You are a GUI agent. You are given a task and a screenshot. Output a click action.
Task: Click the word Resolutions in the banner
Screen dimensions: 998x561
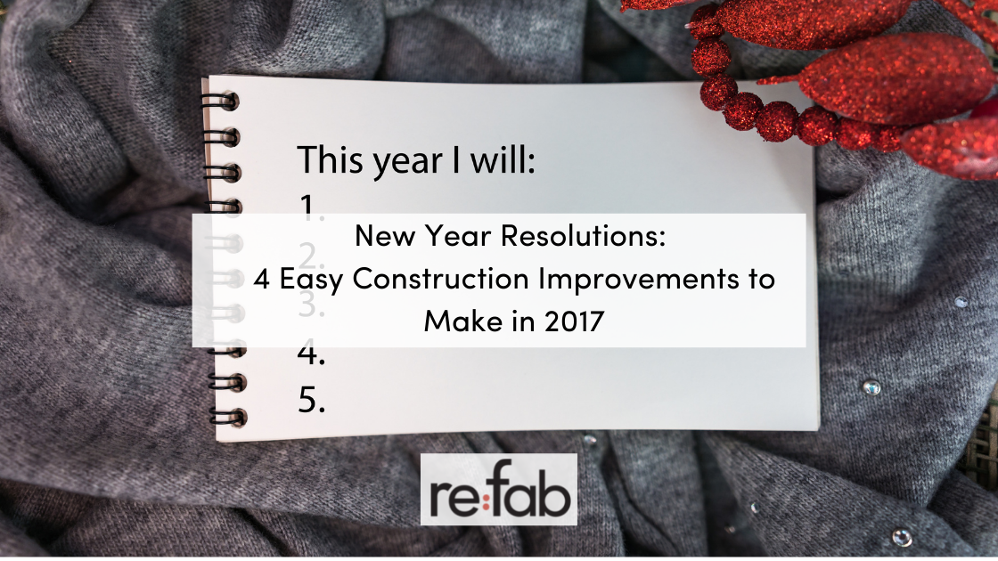tap(583, 235)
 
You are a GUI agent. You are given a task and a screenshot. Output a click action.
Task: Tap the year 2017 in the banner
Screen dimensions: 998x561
tap(574, 321)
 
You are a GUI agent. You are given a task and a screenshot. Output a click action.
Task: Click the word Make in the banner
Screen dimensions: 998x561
tap(462, 321)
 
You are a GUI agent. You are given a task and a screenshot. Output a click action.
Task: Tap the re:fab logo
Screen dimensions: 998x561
tap(498, 489)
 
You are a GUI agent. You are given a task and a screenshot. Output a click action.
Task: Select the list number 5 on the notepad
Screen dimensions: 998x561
tap(311, 400)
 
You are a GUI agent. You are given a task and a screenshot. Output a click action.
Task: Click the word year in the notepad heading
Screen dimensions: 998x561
tap(407, 162)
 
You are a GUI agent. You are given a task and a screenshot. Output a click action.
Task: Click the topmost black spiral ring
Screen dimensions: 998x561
tap(222, 102)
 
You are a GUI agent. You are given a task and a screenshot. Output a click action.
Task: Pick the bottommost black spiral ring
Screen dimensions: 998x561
tap(228, 418)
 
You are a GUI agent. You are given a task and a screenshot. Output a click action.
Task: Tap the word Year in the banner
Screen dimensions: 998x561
tap(458, 236)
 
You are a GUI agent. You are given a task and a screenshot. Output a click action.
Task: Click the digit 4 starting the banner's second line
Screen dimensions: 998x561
tap(262, 280)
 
